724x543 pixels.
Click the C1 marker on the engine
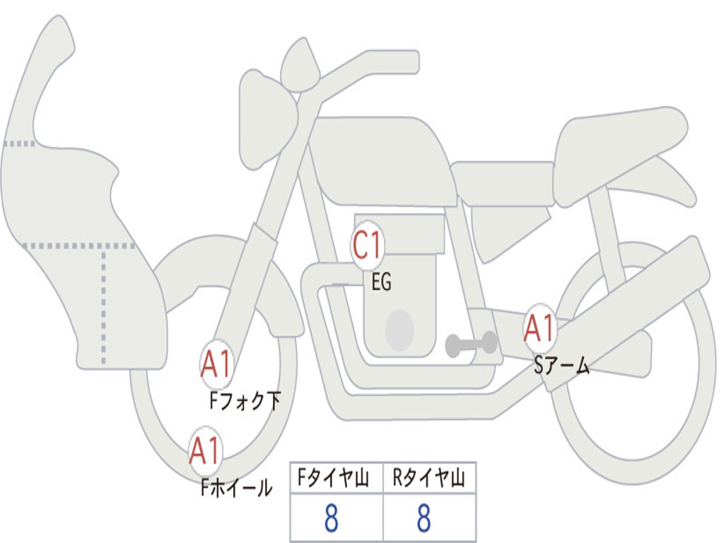coord(368,245)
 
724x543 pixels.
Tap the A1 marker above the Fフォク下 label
coord(216,365)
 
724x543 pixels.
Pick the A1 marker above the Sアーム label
coord(539,328)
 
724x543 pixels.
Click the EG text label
coord(382,281)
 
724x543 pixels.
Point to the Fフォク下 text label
coord(245,401)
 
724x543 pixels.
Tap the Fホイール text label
coord(236,487)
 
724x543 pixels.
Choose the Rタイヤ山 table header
coord(429,477)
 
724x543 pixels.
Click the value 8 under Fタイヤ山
coord(332,518)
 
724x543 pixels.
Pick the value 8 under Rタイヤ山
coord(424,518)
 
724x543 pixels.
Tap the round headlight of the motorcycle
coord(268,122)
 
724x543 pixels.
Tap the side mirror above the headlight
coord(300,64)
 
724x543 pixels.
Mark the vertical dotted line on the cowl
coord(103,305)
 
